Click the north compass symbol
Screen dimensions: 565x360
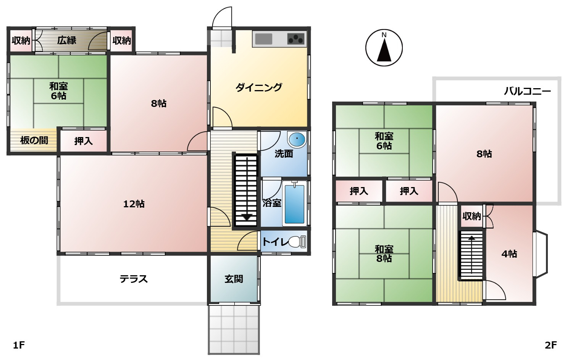(x=384, y=48)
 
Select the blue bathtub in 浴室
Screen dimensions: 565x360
(x=294, y=204)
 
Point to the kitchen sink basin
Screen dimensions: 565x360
(x=263, y=39)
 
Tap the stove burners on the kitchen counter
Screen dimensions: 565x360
(x=296, y=39)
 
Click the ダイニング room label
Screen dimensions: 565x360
(x=259, y=87)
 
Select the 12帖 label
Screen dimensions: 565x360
(x=134, y=204)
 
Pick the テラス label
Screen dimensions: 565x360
(x=134, y=279)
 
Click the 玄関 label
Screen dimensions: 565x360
(x=234, y=279)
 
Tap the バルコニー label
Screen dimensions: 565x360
(x=527, y=91)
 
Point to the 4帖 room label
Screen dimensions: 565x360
(x=509, y=254)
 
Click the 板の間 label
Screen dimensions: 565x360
(x=34, y=140)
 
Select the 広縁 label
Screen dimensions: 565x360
(x=67, y=40)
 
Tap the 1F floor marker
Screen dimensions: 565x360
(x=19, y=345)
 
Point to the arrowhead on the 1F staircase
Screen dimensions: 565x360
(x=247, y=217)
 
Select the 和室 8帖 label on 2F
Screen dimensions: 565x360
(x=384, y=254)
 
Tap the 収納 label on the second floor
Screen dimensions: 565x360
(x=472, y=216)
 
